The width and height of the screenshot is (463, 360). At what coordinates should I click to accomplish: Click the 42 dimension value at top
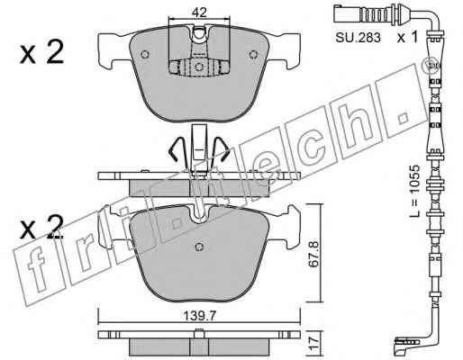tap(200, 13)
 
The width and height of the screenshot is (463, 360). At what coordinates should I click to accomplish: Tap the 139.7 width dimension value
tap(200, 316)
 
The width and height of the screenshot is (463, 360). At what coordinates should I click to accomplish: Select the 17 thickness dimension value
tap(313, 343)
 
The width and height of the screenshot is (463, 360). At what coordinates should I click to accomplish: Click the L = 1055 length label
tap(415, 191)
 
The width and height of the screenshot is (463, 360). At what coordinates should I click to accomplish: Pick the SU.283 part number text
tap(358, 38)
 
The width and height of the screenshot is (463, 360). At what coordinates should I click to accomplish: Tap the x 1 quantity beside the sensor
tap(407, 38)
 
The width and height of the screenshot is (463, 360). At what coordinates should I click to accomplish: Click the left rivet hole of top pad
tap(145, 54)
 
